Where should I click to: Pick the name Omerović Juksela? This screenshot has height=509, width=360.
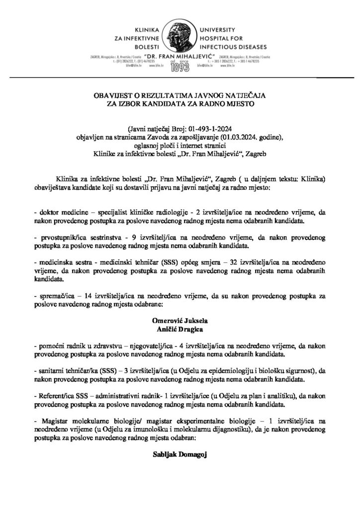pyautogui.click(x=180, y=321)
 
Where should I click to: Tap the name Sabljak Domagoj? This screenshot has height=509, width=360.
pyautogui.click(x=180, y=454)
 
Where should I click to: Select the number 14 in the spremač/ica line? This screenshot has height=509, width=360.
pyautogui.click(x=90, y=296)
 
